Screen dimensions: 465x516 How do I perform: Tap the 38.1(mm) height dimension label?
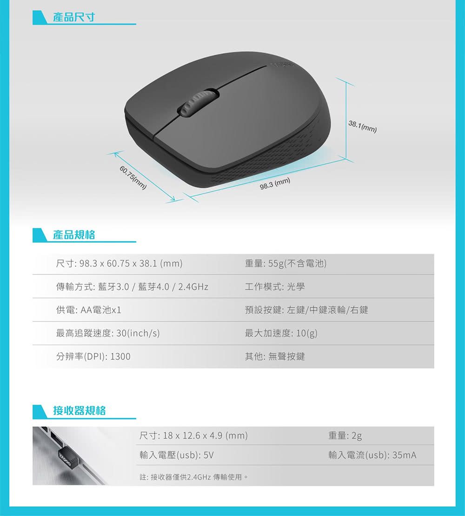(362, 127)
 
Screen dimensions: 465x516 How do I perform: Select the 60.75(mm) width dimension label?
(133, 178)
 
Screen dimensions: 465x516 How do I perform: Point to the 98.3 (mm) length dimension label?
(275, 184)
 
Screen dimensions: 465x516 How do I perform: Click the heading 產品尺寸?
(74, 17)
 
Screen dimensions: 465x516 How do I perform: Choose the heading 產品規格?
(74, 235)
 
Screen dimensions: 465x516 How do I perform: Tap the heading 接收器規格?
(79, 410)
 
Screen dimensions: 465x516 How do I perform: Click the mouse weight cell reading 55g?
(286, 264)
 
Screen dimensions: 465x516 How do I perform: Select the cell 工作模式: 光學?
(275, 287)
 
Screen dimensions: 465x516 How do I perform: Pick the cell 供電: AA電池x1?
(89, 310)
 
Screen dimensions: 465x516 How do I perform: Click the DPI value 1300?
(120, 356)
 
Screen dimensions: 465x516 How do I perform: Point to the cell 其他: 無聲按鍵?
(275, 356)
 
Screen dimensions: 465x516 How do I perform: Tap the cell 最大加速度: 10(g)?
(281, 333)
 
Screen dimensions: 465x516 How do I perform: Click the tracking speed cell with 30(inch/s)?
(108, 333)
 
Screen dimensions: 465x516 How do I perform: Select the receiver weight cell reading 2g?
(345, 436)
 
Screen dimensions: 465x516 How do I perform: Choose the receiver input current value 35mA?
(404, 455)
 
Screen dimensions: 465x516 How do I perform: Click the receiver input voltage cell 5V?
(177, 455)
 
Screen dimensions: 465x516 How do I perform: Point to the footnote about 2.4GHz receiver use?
(194, 477)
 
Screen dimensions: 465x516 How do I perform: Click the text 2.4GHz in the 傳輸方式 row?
(193, 287)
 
